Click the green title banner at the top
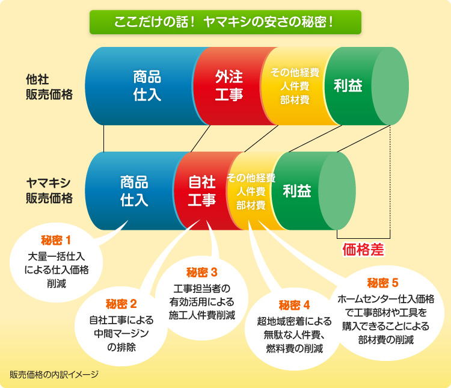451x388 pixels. click(x=226, y=22)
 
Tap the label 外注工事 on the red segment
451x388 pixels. click(x=229, y=86)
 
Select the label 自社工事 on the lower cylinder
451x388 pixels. click(x=202, y=191)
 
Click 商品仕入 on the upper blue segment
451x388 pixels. click(x=147, y=86)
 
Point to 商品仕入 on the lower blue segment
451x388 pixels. click(x=134, y=191)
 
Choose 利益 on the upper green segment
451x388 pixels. click(x=348, y=85)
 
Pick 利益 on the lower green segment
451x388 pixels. click(x=297, y=191)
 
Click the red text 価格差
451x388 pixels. click(x=363, y=249)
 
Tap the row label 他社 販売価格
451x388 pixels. click(x=49, y=87)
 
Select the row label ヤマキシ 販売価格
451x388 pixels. click(x=49, y=191)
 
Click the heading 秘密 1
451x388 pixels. click(x=56, y=240)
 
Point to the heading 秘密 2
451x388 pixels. click(x=121, y=304)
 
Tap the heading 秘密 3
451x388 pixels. click(x=201, y=273)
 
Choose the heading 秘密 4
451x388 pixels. click(x=294, y=305)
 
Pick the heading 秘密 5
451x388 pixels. click(x=383, y=283)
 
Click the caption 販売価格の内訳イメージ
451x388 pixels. click(x=54, y=375)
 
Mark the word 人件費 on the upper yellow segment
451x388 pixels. click(x=295, y=86)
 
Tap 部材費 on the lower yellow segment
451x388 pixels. click(x=251, y=205)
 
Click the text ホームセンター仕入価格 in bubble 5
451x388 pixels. click(x=385, y=299)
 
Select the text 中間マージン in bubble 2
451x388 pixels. click(x=121, y=334)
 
